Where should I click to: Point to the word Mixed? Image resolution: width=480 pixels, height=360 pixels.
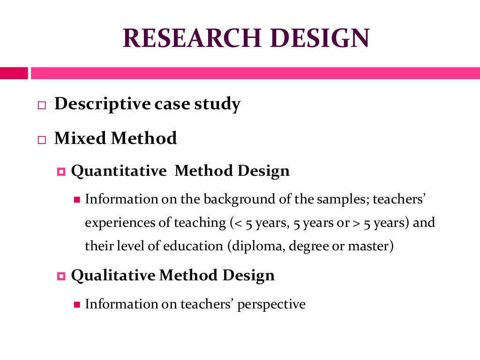click(x=80, y=138)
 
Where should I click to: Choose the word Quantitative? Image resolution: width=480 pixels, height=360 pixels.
click(x=119, y=171)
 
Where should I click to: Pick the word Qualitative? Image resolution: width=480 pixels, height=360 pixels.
click(x=113, y=275)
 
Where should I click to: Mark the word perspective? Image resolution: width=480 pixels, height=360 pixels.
click(x=271, y=305)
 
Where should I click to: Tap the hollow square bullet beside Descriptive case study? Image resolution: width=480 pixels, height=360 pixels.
click(x=42, y=105)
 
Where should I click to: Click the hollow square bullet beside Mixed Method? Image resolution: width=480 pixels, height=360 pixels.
click(x=42, y=139)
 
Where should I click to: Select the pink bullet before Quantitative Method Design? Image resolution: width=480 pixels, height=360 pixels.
click(x=60, y=172)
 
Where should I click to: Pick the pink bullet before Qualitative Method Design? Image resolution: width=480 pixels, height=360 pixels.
click(x=60, y=276)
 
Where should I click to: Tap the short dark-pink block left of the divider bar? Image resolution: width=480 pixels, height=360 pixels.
click(x=14, y=73)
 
